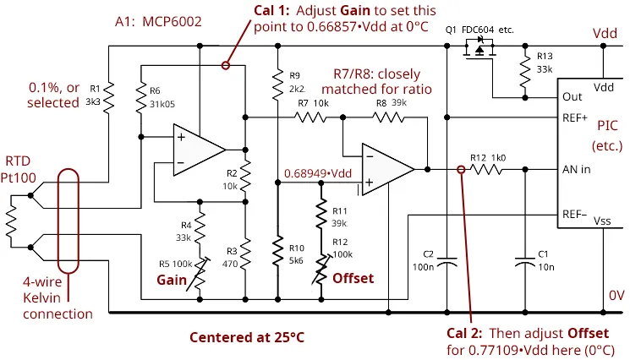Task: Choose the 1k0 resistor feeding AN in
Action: click(487, 169)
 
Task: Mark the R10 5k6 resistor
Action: click(277, 252)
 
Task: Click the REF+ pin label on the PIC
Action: click(575, 117)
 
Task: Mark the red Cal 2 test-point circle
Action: click(460, 169)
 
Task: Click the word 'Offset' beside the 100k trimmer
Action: click(353, 277)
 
